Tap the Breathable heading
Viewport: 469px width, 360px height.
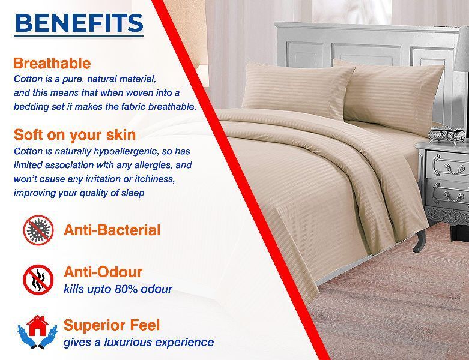tap(52, 64)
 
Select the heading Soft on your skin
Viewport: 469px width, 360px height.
tap(75, 135)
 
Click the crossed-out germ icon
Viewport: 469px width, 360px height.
tap(38, 230)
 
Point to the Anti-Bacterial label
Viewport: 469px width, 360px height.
tap(112, 230)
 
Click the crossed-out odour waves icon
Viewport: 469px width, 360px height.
tap(38, 280)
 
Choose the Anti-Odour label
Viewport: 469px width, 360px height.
tap(103, 272)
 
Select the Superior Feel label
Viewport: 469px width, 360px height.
tap(112, 325)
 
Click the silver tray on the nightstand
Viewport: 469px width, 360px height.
tap(446, 134)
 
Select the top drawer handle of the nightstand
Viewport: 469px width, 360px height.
tap(453, 168)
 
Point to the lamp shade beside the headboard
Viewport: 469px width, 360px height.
tap(462, 48)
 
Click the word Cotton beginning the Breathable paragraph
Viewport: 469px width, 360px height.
tap(28, 79)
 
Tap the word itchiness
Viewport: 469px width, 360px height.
tap(155, 179)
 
